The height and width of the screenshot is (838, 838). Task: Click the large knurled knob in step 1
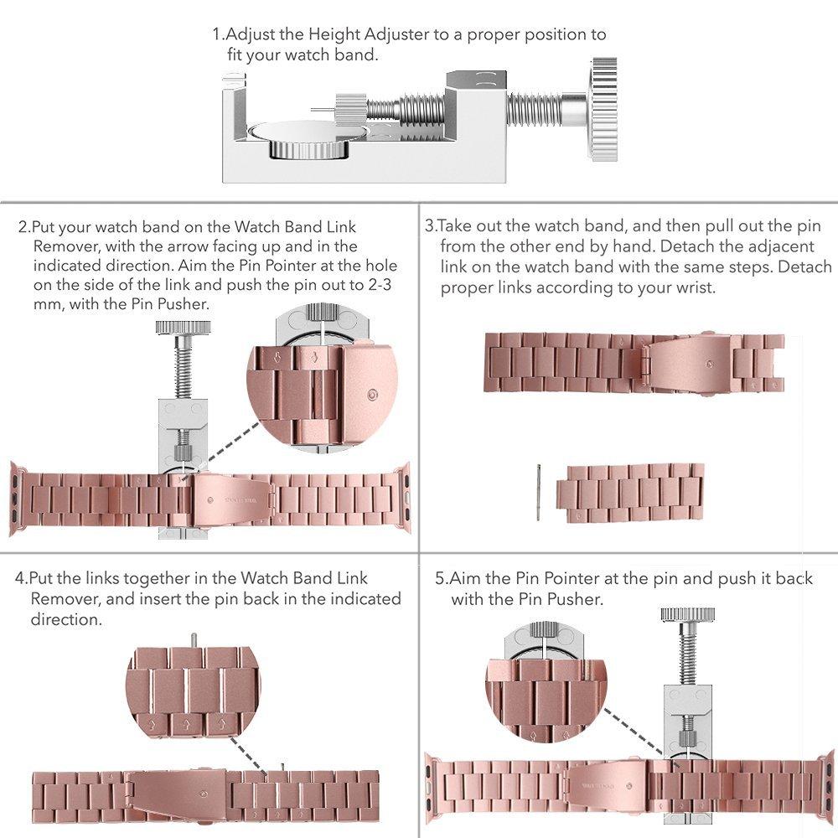pos(604,109)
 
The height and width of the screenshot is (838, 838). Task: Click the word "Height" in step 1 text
pos(334,34)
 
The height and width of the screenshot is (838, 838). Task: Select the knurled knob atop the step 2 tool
pos(183,327)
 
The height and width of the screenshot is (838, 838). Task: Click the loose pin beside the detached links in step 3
pos(539,492)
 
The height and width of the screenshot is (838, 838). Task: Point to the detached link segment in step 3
pos(630,493)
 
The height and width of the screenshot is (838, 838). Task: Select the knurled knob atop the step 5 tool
pos(687,614)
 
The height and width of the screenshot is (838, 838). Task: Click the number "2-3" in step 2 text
pos(380,285)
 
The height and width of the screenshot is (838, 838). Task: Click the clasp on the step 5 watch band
pos(607,785)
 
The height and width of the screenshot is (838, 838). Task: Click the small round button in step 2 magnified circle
pos(373,396)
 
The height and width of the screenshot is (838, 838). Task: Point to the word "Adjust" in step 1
pos(250,35)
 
